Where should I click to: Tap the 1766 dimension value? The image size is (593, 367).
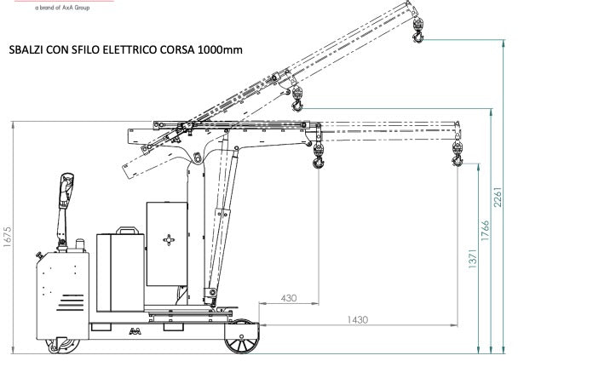486,231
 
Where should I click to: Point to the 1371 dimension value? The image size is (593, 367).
472,256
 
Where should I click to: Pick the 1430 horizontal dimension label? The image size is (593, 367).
357,319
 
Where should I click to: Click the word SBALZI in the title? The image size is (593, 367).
26,50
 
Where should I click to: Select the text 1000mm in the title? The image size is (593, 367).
220,50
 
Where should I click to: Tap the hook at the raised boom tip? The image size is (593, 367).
418,36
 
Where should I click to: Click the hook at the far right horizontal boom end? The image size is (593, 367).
457,156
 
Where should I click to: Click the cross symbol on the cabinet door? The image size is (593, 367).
170,240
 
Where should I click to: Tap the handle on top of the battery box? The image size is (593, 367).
128,230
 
